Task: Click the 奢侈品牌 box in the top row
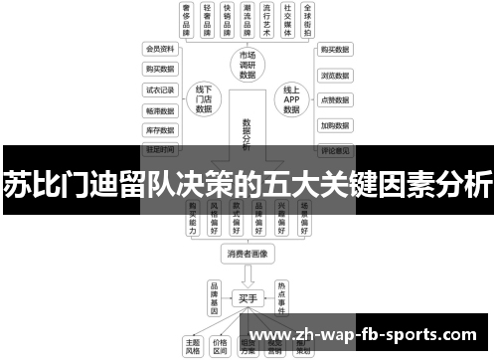point(186,20)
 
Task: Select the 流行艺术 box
point(262,20)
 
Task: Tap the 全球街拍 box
point(312,20)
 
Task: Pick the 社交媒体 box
point(287,20)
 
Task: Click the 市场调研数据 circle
point(248,65)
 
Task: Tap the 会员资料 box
point(159,49)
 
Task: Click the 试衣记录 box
point(159,89)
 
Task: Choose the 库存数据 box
point(159,129)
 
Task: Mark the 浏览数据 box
point(334,75)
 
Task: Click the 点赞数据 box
point(334,100)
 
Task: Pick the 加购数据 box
point(334,126)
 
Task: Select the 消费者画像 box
point(247,254)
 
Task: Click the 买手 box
point(247,297)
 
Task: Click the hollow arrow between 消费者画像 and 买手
point(247,275)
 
